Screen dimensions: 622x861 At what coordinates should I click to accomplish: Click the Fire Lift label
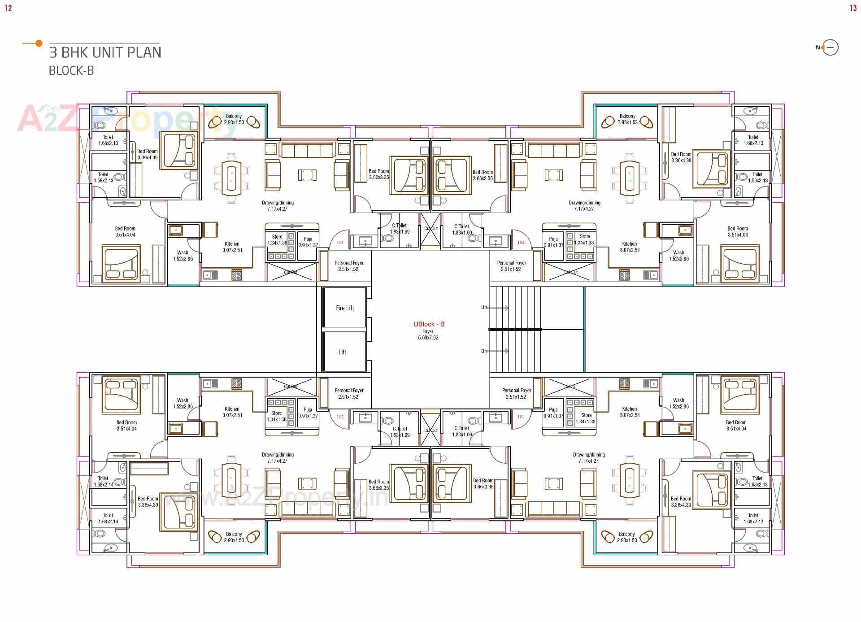pyautogui.click(x=344, y=308)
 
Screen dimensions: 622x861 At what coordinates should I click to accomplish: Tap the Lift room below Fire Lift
pyautogui.click(x=343, y=352)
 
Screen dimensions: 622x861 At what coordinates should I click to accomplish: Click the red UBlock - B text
pyautogui.click(x=429, y=324)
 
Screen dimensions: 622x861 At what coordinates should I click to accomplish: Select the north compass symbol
pyautogui.click(x=828, y=48)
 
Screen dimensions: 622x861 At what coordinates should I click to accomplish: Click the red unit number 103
pyautogui.click(x=340, y=243)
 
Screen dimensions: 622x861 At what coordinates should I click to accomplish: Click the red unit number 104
pyautogui.click(x=521, y=243)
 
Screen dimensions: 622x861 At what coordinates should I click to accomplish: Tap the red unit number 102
pyautogui.click(x=340, y=417)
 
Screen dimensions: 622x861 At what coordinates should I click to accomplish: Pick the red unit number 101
pyautogui.click(x=521, y=417)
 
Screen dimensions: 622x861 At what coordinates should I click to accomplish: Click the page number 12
pyautogui.click(x=9, y=8)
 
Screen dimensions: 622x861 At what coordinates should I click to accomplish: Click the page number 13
pyautogui.click(x=853, y=8)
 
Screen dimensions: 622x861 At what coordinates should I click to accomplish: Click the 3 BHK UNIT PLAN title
pyautogui.click(x=105, y=52)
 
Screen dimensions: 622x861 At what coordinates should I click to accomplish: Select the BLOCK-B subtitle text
pyautogui.click(x=71, y=71)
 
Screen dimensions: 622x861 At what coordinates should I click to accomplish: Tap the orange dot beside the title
pyautogui.click(x=39, y=43)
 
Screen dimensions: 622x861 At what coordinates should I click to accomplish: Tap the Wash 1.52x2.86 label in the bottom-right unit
pyautogui.click(x=678, y=403)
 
